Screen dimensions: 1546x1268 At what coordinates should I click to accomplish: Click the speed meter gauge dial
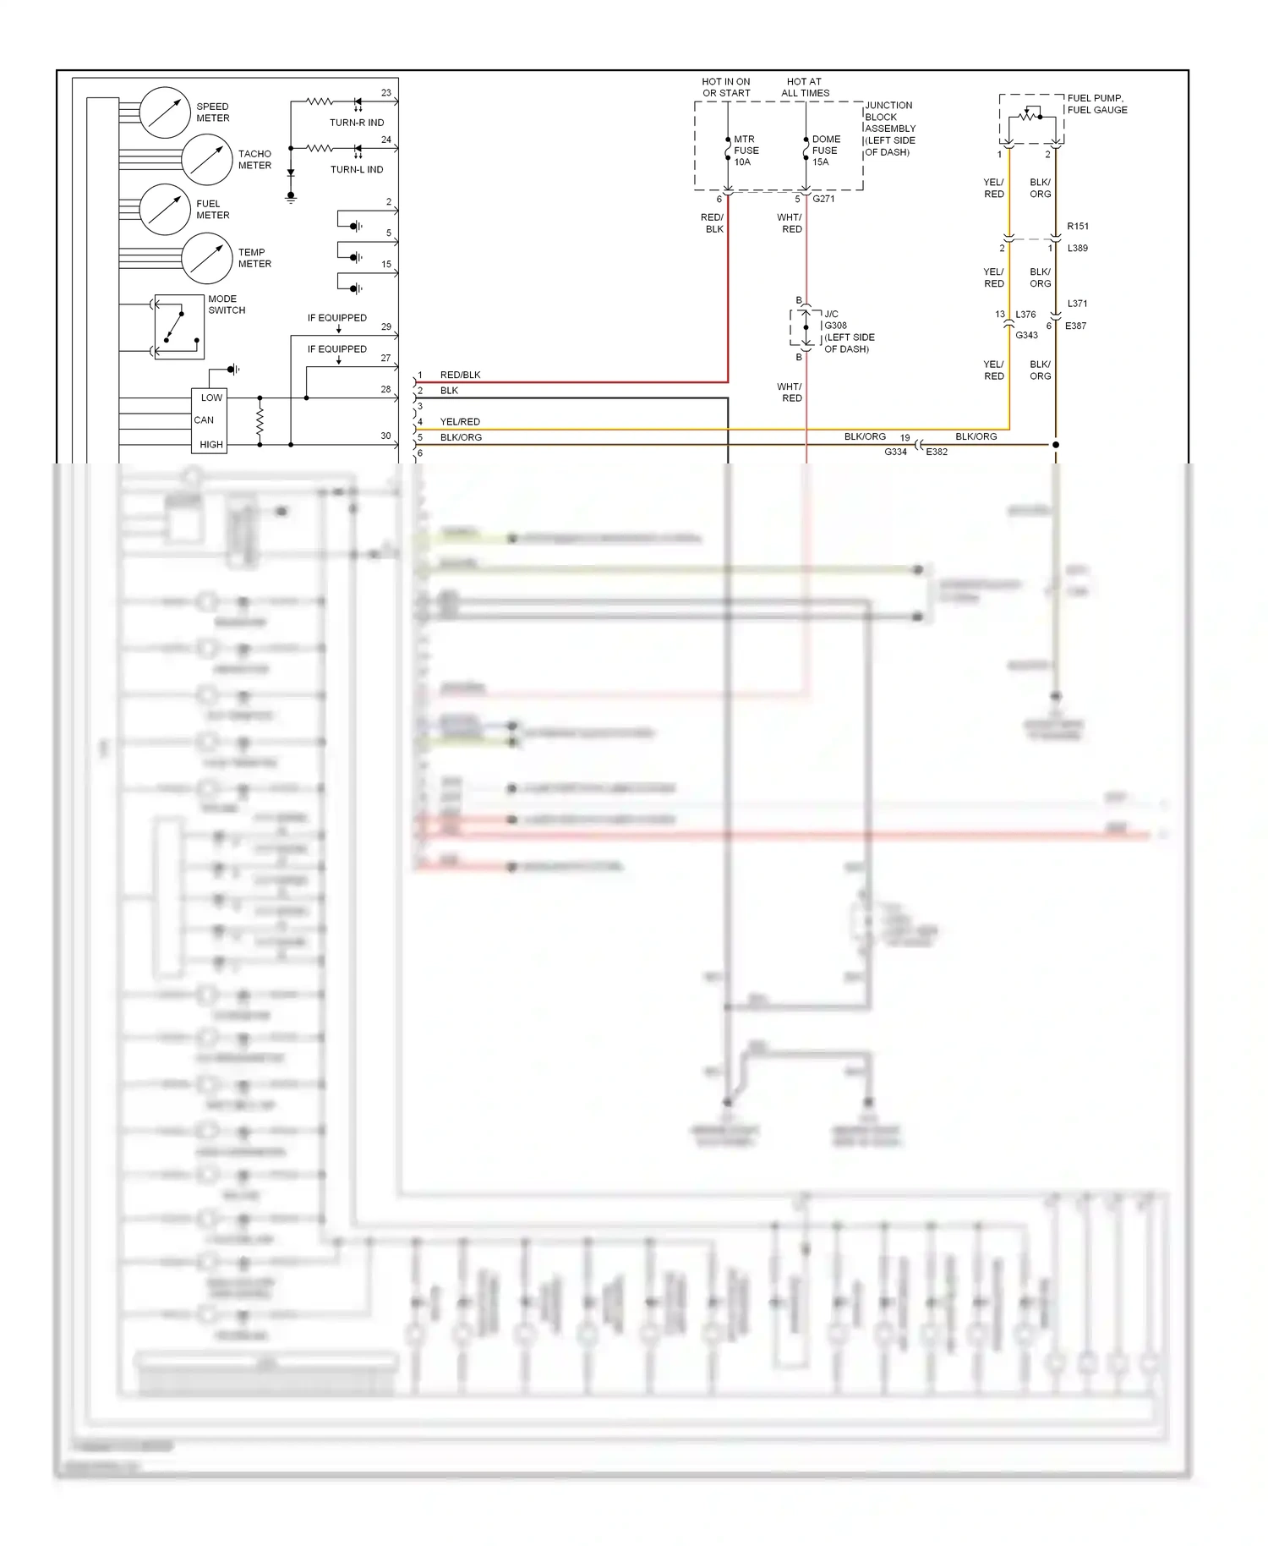[164, 112]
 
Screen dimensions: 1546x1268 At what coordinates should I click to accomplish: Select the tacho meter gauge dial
[206, 160]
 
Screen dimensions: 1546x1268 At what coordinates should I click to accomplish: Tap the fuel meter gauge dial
[164, 209]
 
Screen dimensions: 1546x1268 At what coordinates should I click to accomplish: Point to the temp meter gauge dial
[206, 258]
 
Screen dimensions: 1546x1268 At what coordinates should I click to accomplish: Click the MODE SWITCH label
[227, 304]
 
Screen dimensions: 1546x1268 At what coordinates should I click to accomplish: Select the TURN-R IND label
[357, 123]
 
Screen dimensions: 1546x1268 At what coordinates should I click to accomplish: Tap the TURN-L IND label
[357, 169]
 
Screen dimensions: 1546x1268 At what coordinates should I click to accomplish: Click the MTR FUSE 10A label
[746, 151]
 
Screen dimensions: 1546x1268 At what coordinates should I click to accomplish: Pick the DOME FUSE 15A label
[825, 151]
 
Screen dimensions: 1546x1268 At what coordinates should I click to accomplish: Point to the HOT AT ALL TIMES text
[805, 87]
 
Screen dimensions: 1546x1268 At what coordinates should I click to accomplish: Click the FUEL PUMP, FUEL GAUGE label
[1096, 104]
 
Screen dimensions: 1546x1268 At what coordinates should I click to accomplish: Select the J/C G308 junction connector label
[848, 331]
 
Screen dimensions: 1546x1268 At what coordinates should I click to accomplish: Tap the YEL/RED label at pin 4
[460, 421]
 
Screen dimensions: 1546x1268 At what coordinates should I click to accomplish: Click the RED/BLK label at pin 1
[460, 375]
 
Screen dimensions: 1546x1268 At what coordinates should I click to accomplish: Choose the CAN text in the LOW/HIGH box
[204, 420]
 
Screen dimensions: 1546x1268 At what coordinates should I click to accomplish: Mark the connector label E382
[937, 452]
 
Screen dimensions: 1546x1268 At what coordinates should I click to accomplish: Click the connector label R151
[1078, 227]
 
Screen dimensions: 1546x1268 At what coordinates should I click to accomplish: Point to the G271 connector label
[823, 200]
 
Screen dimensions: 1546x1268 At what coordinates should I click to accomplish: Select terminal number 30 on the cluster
[385, 436]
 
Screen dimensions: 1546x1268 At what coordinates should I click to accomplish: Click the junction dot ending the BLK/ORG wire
[1055, 444]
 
